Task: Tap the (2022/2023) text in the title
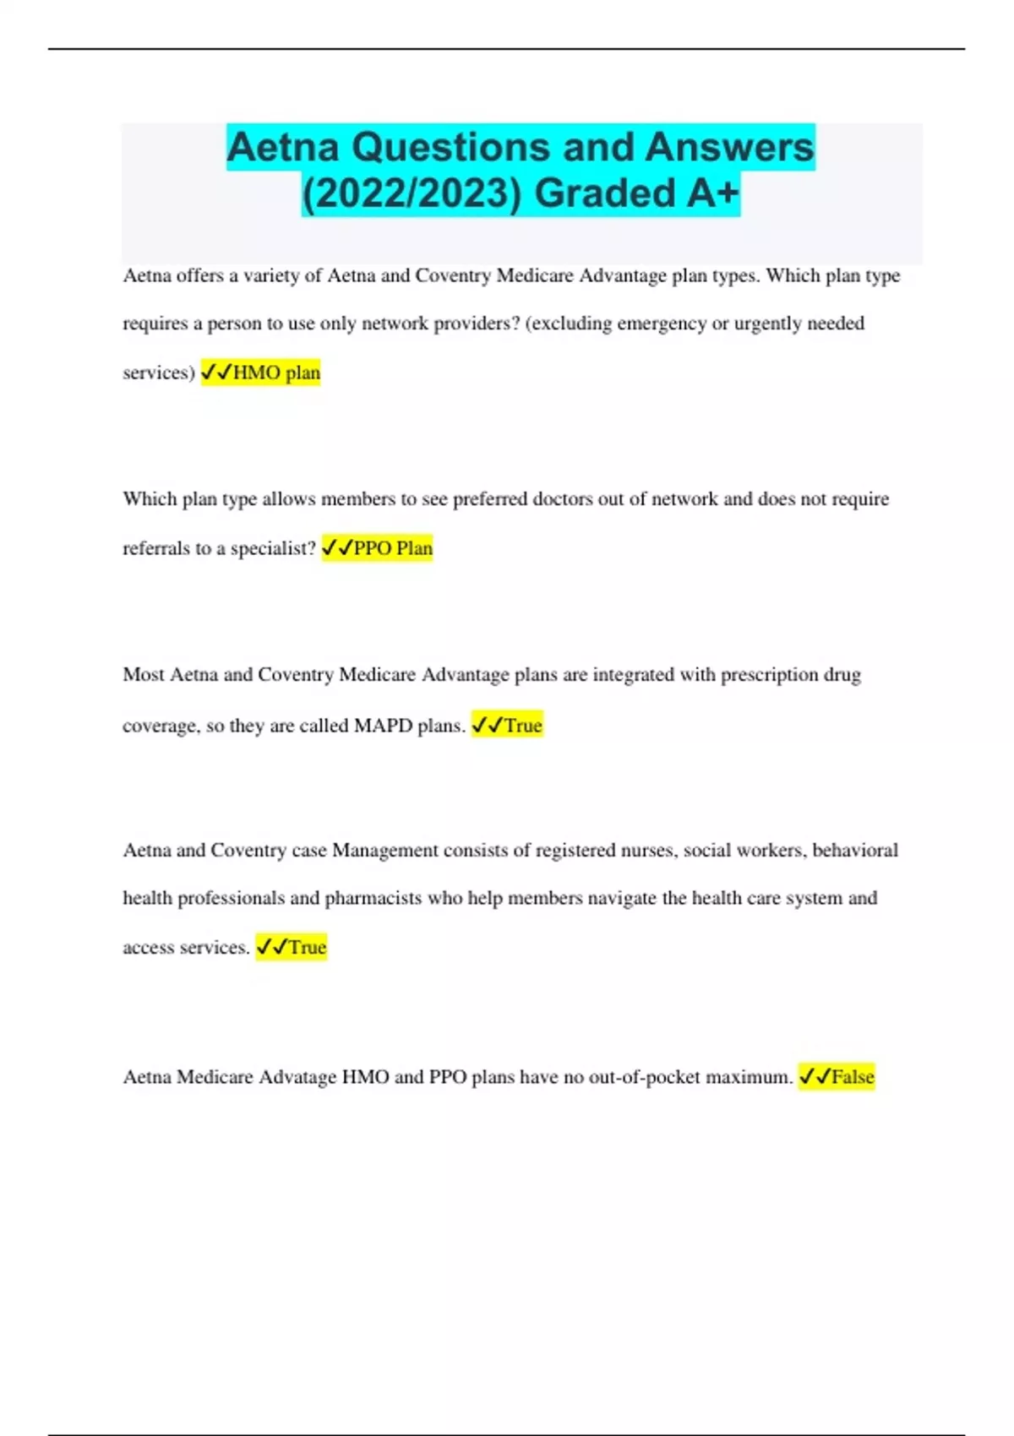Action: (412, 193)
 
